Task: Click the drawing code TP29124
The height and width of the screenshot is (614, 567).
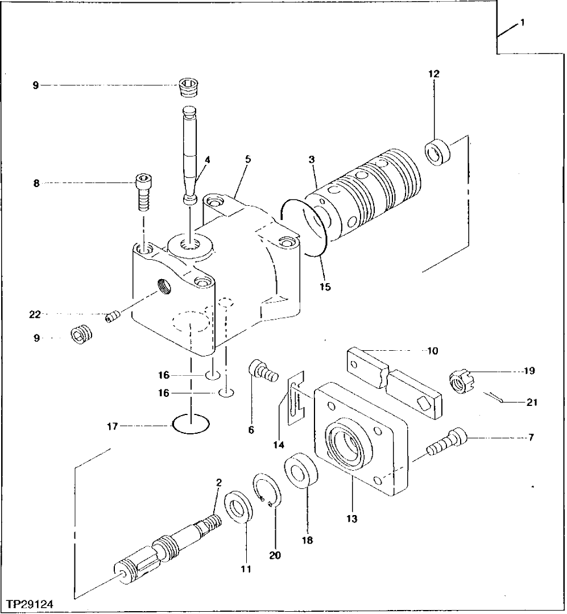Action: coord(32,601)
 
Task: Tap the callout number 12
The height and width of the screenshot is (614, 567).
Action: coord(434,74)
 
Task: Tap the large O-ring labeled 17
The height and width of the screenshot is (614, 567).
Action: coord(190,424)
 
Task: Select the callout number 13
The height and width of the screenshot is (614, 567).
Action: coord(352,518)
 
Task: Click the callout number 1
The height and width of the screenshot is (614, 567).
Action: coord(522,23)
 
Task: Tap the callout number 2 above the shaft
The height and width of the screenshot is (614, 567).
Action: coord(218,482)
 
